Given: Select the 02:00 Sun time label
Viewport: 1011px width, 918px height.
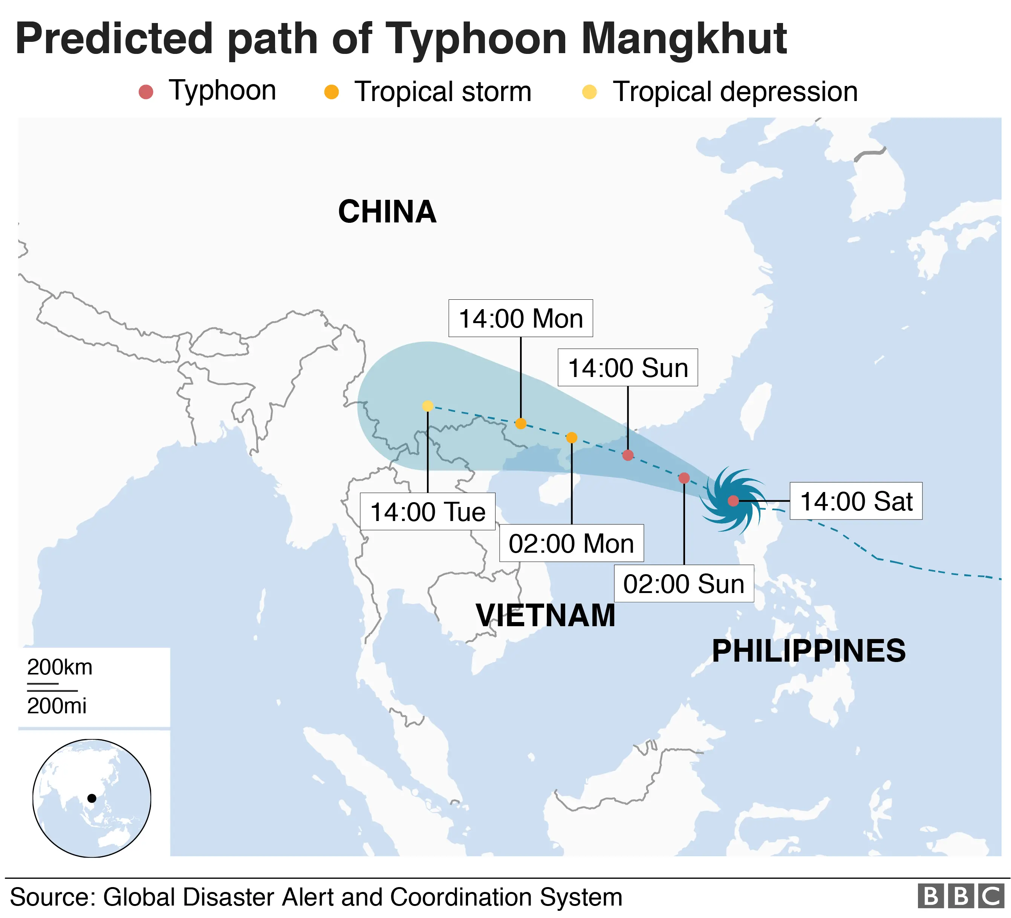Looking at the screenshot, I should [684, 584].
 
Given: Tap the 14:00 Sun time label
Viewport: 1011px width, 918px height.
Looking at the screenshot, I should [627, 368].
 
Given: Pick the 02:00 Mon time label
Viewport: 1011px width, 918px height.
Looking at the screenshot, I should [571, 543].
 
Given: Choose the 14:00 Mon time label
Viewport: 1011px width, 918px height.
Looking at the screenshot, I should [520, 319].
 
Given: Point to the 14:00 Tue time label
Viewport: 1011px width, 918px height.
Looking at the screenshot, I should [427, 512].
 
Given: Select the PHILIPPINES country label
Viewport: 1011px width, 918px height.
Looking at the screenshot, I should [808, 651].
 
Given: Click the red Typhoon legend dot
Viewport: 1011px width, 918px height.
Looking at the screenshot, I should [146, 92].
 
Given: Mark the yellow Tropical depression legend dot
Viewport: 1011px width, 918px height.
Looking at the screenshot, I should [589, 92].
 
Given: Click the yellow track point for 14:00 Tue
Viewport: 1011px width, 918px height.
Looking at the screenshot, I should [428, 406].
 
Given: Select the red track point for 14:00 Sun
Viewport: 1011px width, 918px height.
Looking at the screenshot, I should [628, 455].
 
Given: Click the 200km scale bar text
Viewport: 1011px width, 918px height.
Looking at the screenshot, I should [60, 668].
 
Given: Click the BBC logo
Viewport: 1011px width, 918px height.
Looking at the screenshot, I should [961, 897].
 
